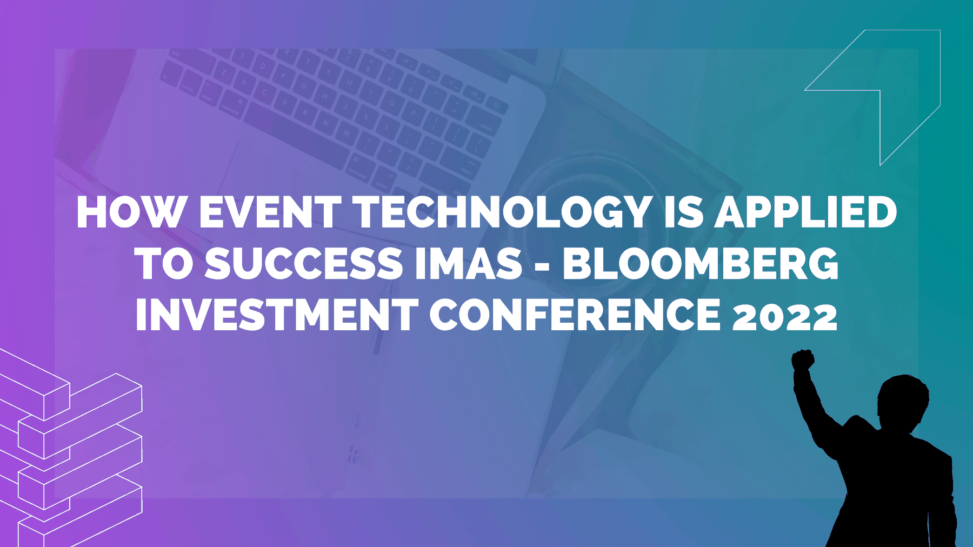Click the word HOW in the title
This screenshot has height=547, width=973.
point(131,212)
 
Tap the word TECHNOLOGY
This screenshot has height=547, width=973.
point(503,212)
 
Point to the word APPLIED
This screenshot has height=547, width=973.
point(806,212)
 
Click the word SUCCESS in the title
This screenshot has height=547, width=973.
point(304,263)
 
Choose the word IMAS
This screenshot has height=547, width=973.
point(469,263)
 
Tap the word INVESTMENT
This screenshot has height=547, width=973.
point(276,315)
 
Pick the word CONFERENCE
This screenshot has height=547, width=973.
point(575,315)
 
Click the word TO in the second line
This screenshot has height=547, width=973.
point(164,263)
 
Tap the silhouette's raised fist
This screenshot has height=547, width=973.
point(803,360)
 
